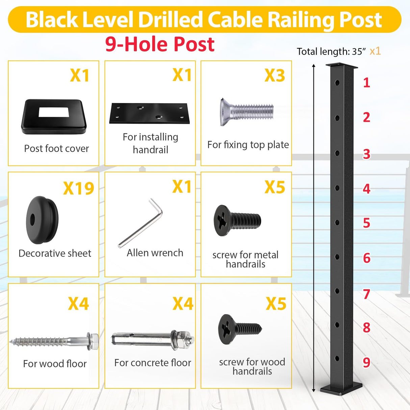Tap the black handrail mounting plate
coord(149,113)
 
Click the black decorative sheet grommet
coord(42,220)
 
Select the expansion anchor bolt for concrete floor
coord(153,338)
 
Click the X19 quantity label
coord(78,188)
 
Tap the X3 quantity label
coord(275,75)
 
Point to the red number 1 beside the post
coord(366,83)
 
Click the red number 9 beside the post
coord(366,362)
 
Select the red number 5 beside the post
coord(366,223)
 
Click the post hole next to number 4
coord(337,187)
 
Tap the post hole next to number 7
coord(337,290)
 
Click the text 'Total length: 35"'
coord(331,52)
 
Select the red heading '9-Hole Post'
coord(160,44)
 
